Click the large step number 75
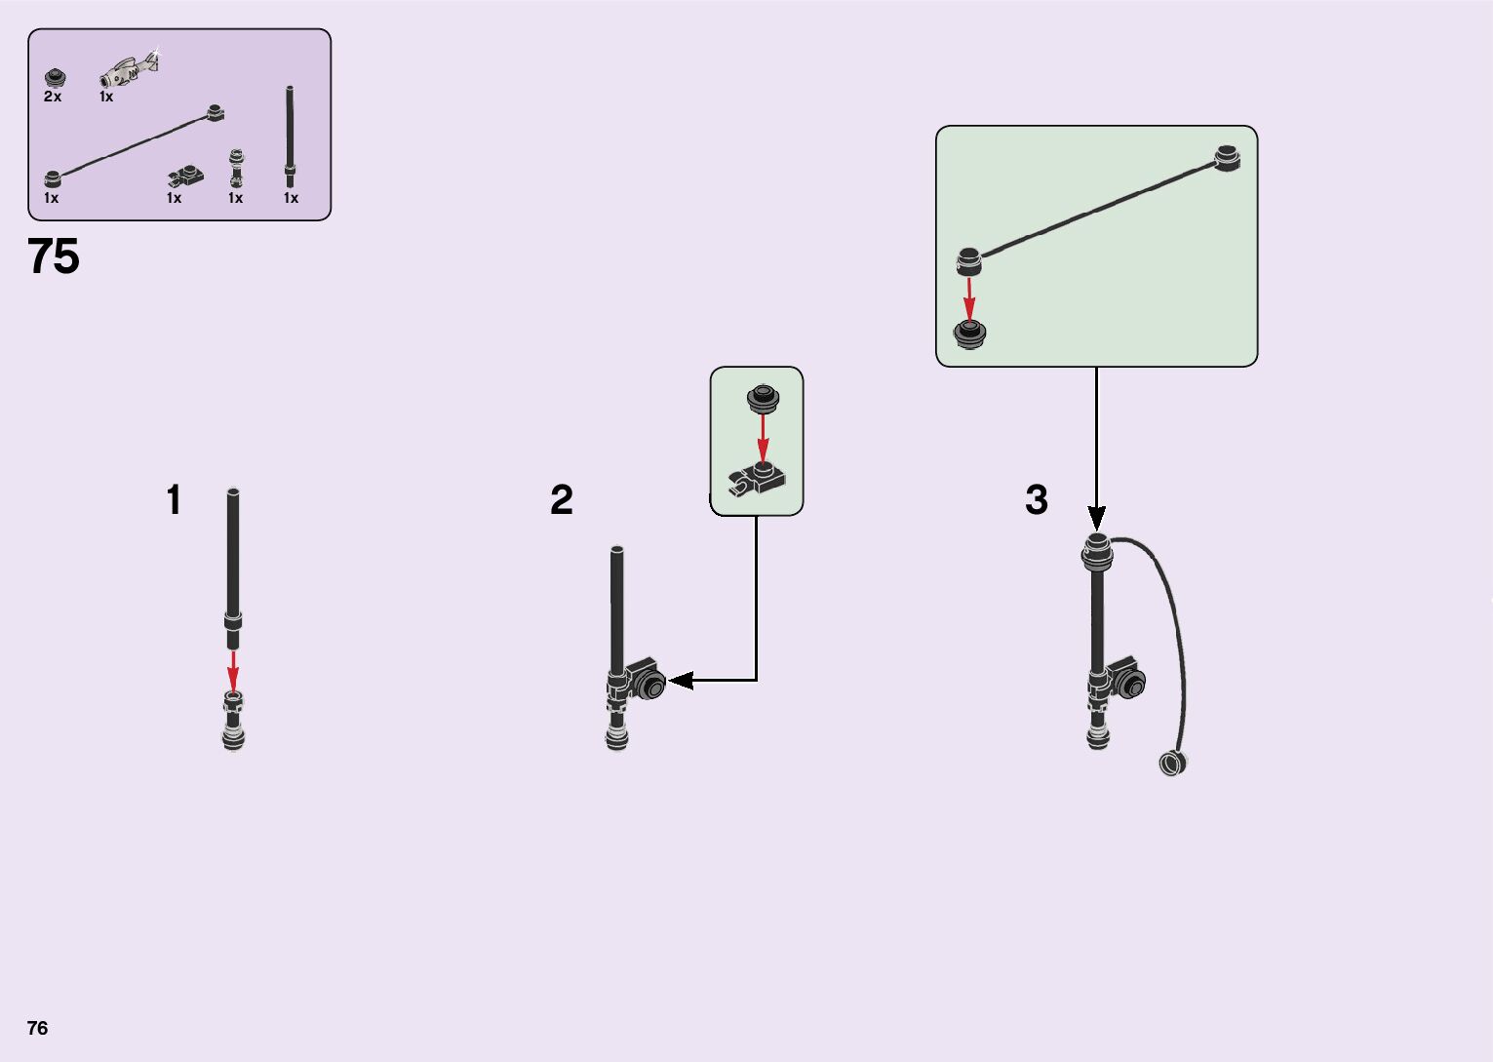coord(54,257)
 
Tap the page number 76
coord(37,1028)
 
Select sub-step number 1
coord(174,500)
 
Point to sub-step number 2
coord(562,500)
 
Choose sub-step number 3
coord(1037,500)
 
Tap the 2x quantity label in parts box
coord(53,97)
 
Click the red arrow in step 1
coord(233,670)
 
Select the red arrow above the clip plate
coord(763,436)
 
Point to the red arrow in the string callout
coord(969,297)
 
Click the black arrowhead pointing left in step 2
coord(680,681)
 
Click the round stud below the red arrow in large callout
coord(969,334)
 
